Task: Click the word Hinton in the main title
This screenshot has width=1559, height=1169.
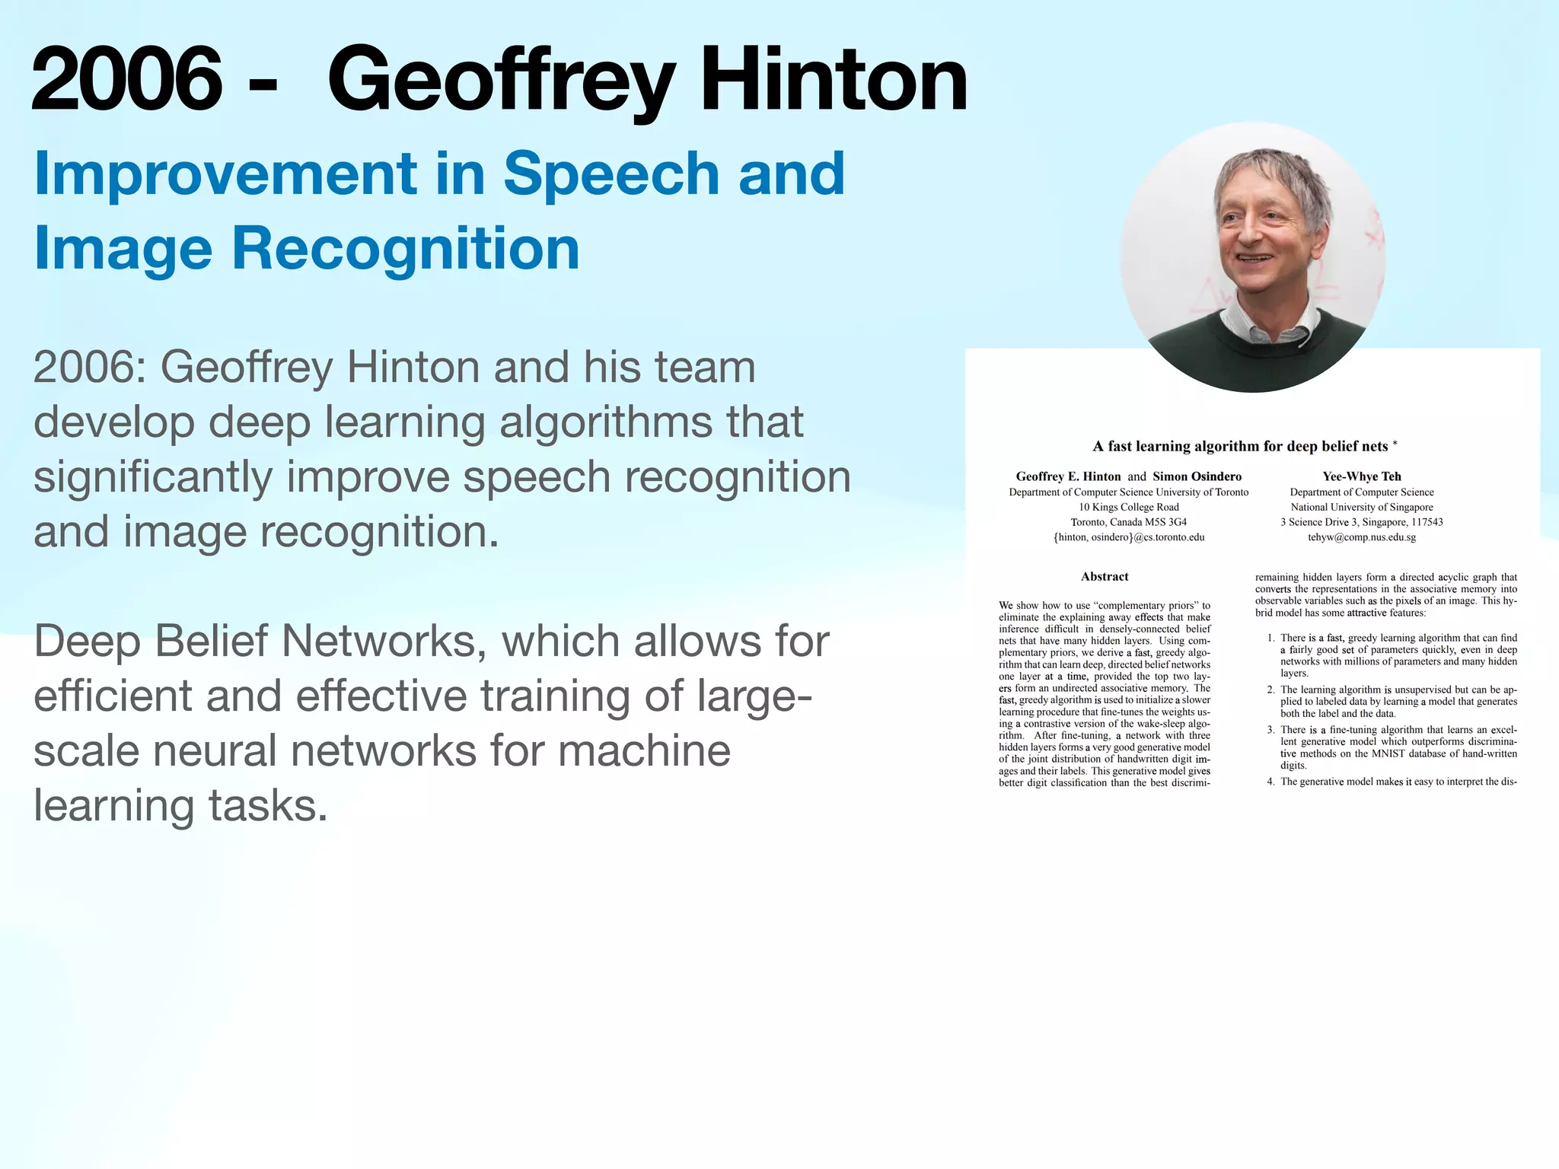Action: (x=833, y=79)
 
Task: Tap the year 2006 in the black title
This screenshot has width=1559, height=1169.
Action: (x=126, y=79)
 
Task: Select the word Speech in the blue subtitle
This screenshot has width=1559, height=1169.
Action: (x=611, y=174)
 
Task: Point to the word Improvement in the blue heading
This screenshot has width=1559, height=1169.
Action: (x=225, y=174)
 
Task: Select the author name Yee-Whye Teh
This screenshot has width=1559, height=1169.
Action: (x=1361, y=476)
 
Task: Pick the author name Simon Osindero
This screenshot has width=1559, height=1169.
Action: (x=1197, y=476)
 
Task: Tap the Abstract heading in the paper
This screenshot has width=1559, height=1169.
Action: (x=1105, y=577)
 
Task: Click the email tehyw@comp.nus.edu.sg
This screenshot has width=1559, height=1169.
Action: (x=1361, y=537)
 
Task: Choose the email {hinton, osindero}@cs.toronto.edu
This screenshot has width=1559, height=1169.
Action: (x=1129, y=537)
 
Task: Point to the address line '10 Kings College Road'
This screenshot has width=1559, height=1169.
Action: (x=1129, y=507)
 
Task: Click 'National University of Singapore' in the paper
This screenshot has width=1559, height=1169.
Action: (x=1361, y=507)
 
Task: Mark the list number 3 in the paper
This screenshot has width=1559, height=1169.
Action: (x=1270, y=730)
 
